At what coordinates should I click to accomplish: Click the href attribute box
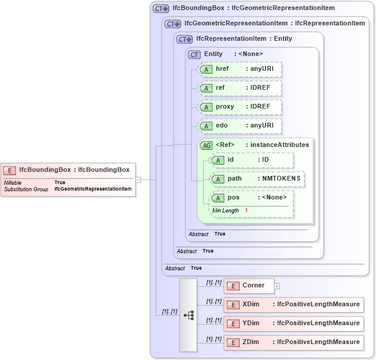tap(240, 69)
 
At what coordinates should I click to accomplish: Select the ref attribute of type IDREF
tap(240, 88)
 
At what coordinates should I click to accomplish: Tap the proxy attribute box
tap(240, 107)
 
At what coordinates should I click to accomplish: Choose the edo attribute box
tap(240, 126)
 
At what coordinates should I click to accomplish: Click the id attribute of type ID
tap(251, 160)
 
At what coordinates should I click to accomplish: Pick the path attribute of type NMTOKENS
tap(257, 178)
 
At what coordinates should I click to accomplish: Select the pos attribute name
tap(233, 198)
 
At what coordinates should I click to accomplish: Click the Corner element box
tap(248, 286)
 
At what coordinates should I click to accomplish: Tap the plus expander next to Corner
tap(277, 286)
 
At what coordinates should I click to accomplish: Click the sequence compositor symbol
tap(188, 315)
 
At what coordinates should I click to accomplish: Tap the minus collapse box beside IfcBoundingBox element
tap(138, 179)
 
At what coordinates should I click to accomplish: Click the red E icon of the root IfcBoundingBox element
tap(9, 170)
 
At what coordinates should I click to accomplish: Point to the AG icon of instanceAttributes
tap(207, 145)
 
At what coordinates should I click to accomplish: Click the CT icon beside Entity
tap(194, 54)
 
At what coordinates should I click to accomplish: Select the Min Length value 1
tap(246, 211)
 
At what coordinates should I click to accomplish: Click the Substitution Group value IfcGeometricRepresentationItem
tap(93, 189)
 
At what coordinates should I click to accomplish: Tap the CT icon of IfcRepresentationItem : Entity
tap(185, 39)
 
